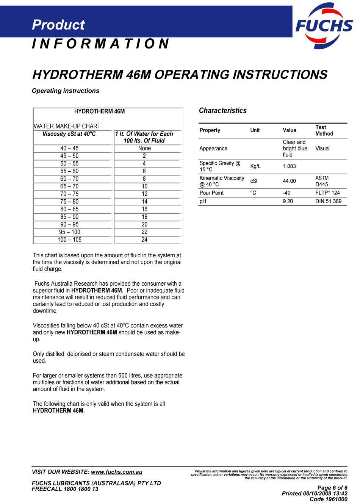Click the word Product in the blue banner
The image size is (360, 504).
[58, 25]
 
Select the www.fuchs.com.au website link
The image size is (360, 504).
[117, 472]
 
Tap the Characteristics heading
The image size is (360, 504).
[223, 111]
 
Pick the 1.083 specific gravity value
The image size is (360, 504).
[290, 166]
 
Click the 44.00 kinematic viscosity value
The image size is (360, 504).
[290, 181]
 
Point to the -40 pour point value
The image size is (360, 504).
[286, 193]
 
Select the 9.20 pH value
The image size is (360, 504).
[288, 201]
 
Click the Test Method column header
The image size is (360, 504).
[324, 130]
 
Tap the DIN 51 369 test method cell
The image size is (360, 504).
[328, 201]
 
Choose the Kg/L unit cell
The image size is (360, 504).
[255, 166]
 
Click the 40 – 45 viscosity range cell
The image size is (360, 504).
[69, 148]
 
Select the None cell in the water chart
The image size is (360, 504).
[144, 148]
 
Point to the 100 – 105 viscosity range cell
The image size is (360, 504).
[69, 239]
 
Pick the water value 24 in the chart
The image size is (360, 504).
[144, 239]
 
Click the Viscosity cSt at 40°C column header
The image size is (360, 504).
[69, 134]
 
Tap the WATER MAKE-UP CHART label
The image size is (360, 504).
[67, 126]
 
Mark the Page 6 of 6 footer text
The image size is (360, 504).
[332, 488]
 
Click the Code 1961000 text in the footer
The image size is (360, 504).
[328, 499]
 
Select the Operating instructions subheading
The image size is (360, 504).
[66, 91]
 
